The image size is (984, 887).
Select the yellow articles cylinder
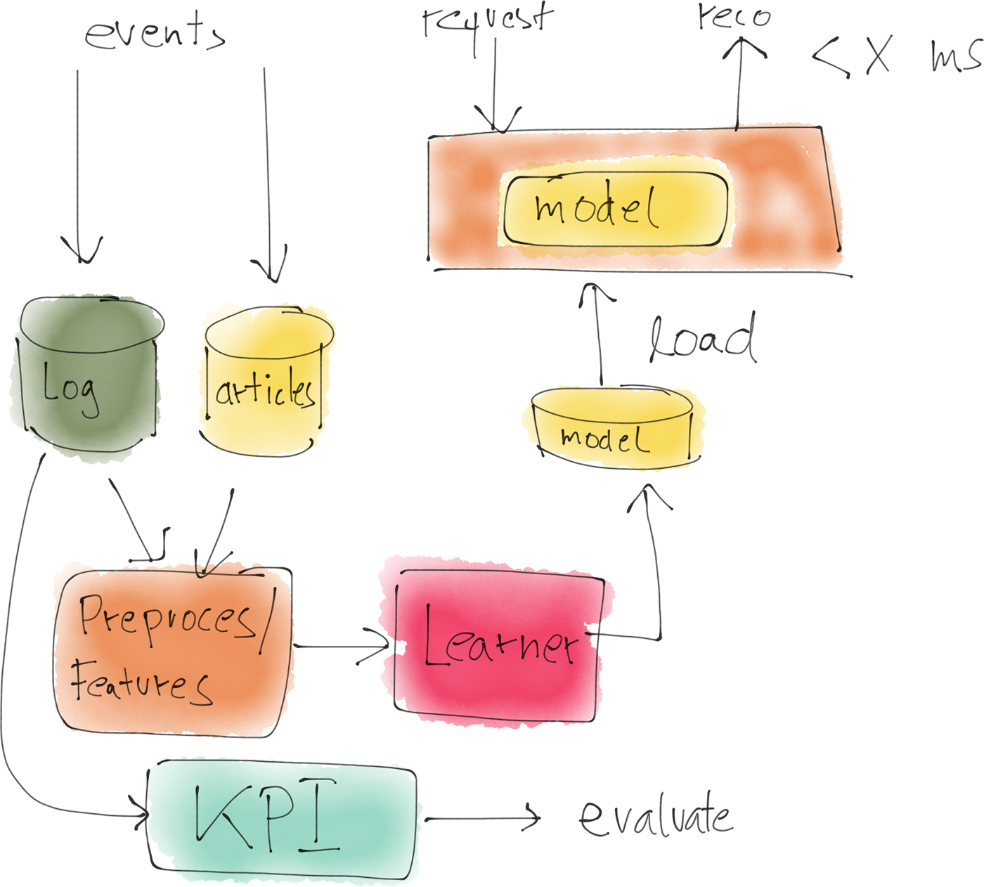pyautogui.click(x=266, y=383)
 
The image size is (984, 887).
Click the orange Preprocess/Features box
pyautogui.click(x=172, y=650)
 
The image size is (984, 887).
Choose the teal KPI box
pyautogui.click(x=281, y=819)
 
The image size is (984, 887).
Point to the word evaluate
pyautogui.click(x=655, y=817)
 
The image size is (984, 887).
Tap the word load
pyautogui.click(x=703, y=339)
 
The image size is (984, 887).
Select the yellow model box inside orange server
pyautogui.click(x=615, y=209)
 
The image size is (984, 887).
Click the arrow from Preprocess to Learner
pyautogui.click(x=341, y=646)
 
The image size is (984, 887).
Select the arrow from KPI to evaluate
pyautogui.click(x=481, y=819)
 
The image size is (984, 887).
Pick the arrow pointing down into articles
pyautogui.click(x=267, y=176)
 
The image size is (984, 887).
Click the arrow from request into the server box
pyautogui.click(x=495, y=84)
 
